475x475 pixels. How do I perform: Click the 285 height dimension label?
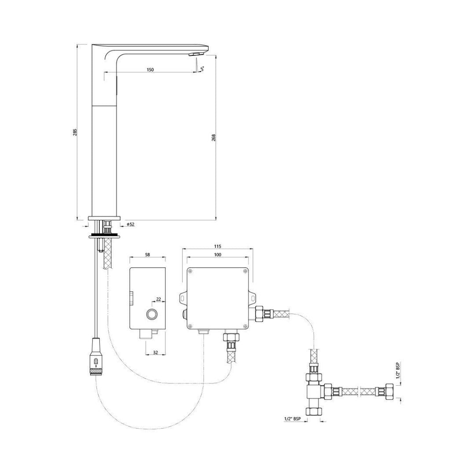[x=76, y=132]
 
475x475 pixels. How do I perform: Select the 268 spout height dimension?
[x=214, y=138]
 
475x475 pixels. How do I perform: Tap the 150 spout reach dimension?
[x=150, y=69]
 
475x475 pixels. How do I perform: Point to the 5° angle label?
[x=202, y=69]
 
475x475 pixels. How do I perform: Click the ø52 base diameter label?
[x=131, y=224]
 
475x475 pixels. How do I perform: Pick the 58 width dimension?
[x=147, y=255]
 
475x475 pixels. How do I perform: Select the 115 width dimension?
[x=218, y=246]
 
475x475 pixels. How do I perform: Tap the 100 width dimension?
[x=218, y=255]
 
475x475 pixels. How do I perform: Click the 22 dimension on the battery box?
[x=158, y=300]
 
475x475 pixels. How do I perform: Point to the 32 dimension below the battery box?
[x=155, y=352]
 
